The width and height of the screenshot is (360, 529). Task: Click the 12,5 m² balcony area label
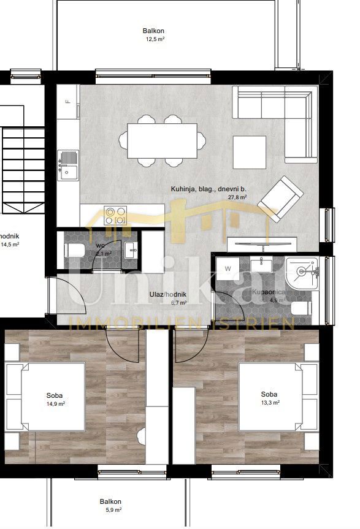[x=154, y=39]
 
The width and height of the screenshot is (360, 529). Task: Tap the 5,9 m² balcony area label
[x=111, y=509]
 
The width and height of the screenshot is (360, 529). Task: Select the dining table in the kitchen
[x=162, y=141]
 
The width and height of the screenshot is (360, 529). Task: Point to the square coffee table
[x=250, y=151]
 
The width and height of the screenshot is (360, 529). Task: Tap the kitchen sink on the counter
[x=69, y=166]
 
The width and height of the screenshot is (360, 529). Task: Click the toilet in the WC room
[x=75, y=250]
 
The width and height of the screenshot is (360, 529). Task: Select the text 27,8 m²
[x=237, y=197]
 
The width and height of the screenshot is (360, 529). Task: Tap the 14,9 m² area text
[x=55, y=404]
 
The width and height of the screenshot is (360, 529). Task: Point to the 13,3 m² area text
[x=270, y=403]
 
